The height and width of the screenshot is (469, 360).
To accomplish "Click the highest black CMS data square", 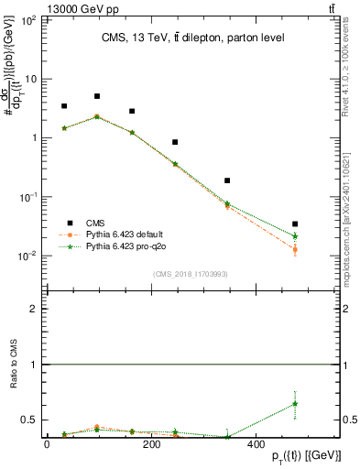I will point(96,96).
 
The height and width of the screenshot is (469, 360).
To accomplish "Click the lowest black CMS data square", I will point(295,224).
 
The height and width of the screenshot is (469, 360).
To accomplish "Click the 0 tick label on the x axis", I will point(46,442).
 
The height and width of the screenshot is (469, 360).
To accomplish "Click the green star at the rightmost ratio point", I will point(295,404).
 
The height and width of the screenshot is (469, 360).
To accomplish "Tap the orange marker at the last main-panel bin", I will point(295,249).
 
